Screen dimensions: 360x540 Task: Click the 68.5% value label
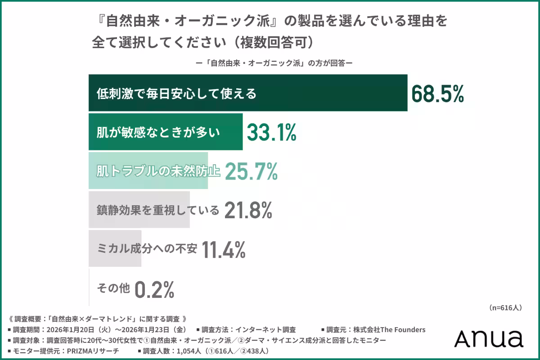(437, 94)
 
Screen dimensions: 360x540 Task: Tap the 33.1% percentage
(271, 132)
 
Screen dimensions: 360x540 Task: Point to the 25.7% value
(251, 171)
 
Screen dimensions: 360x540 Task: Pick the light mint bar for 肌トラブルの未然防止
(148, 171)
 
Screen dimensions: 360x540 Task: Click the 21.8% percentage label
(248, 210)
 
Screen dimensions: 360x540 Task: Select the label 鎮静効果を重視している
(157, 210)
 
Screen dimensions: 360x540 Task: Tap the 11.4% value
(224, 249)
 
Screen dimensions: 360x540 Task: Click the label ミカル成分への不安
(147, 249)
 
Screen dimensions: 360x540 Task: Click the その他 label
(113, 288)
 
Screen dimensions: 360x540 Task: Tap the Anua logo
(488, 338)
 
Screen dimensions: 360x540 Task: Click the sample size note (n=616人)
(504, 308)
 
